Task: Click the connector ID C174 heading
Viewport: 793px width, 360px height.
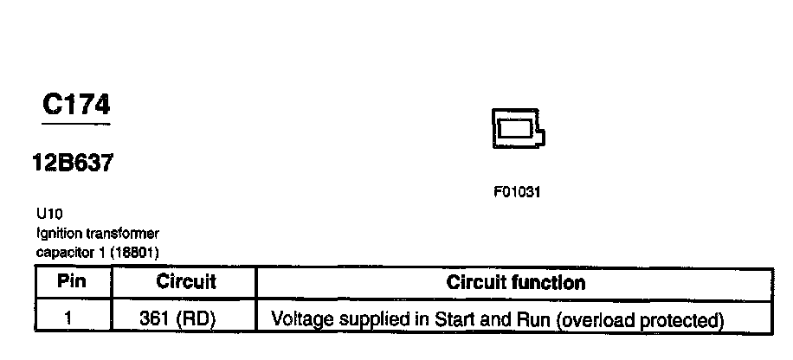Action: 76,106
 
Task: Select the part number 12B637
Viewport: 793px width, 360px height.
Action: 73,163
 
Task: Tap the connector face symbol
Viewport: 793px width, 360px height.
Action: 516,129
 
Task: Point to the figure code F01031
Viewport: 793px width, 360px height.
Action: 517,192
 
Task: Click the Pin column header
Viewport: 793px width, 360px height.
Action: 73,282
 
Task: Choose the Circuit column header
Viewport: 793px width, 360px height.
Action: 185,282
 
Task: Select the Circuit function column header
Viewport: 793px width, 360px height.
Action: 516,282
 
